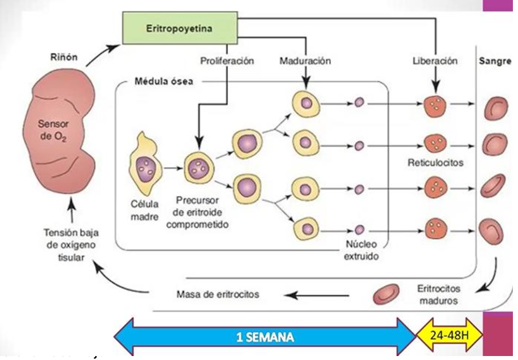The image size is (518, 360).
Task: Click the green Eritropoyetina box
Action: point(180,28)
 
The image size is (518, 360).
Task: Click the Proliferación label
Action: point(227,61)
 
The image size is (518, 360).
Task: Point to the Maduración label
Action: point(305,61)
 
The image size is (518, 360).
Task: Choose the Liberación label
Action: point(435,61)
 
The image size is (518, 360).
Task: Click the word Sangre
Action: point(495,61)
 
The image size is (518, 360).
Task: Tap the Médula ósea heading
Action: point(163,81)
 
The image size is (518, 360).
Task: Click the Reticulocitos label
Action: point(435,163)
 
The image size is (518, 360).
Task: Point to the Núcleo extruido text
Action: point(362,251)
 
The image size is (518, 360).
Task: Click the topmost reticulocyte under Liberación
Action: point(435,105)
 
